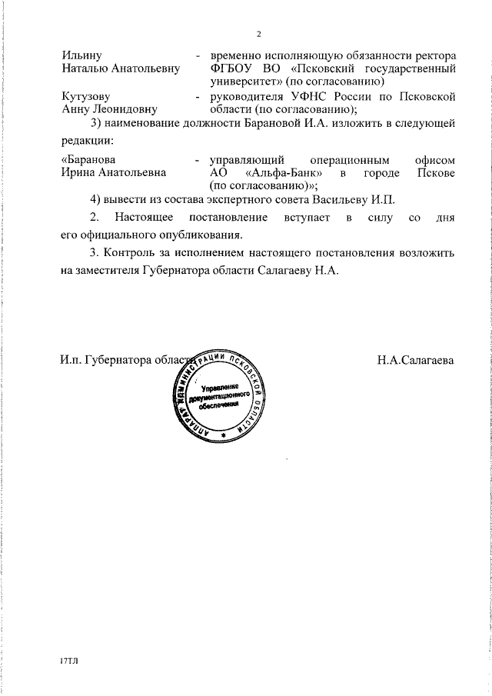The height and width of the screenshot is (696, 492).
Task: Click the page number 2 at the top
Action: tap(259, 33)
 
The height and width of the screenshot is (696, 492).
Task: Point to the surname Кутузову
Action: tap(85, 97)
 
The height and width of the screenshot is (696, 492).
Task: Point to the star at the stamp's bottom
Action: tap(221, 435)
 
